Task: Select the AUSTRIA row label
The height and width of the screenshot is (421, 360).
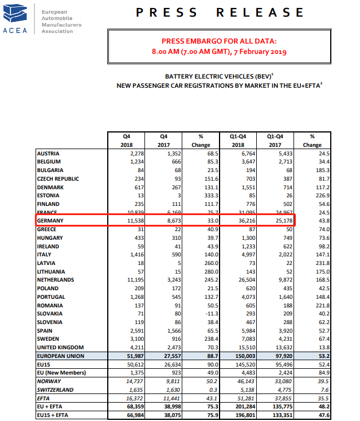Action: (49, 154)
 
